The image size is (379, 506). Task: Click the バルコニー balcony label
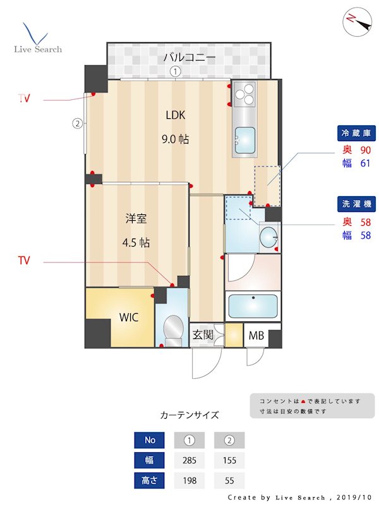click(x=189, y=58)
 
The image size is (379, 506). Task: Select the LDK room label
click(x=177, y=115)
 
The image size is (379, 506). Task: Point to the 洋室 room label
click(x=136, y=219)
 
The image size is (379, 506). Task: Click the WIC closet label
click(x=129, y=318)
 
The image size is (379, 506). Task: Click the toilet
click(x=172, y=328)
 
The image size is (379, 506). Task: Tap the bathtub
click(x=253, y=306)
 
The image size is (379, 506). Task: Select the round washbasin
click(x=268, y=238)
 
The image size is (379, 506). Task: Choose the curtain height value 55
click(x=229, y=481)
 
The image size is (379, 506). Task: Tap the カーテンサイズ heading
click(x=189, y=416)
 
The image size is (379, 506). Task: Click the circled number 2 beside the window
click(x=77, y=123)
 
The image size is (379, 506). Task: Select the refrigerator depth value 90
click(x=365, y=151)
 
